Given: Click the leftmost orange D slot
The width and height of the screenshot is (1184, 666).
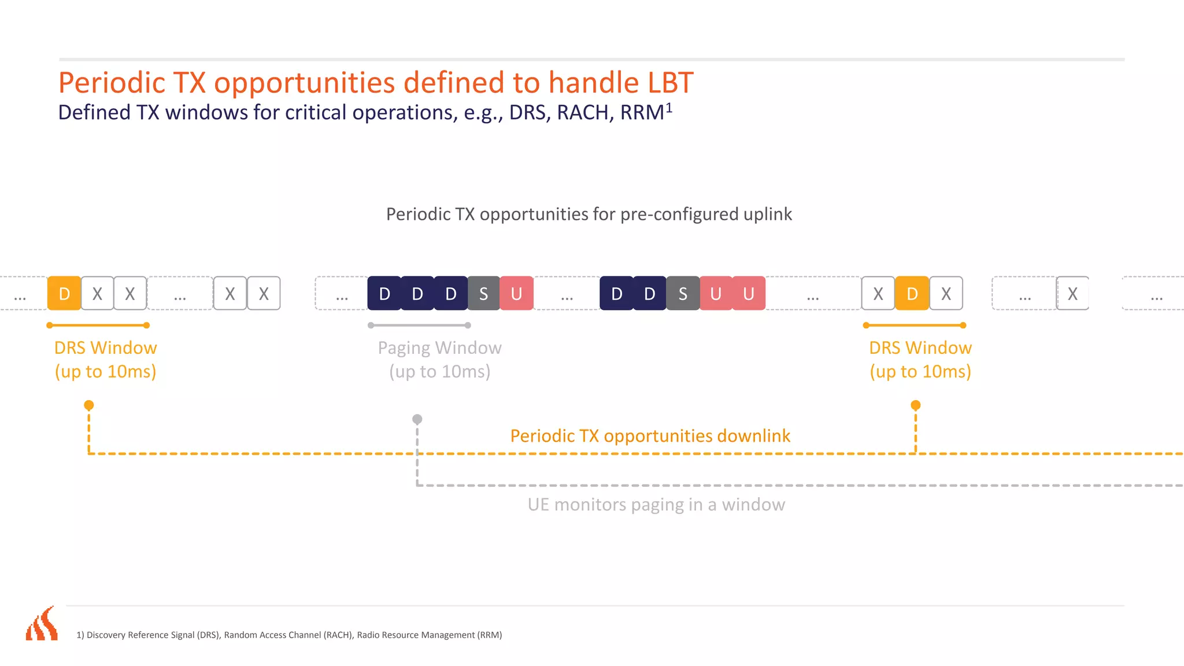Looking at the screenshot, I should (x=64, y=294).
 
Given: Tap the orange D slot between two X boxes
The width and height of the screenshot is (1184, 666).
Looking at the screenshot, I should (x=912, y=294).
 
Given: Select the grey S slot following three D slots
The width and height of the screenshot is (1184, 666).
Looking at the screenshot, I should (x=484, y=294).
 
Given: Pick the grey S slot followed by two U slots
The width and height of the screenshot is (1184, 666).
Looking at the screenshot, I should (x=683, y=294).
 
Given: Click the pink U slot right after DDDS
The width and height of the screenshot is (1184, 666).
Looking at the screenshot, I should (x=516, y=294).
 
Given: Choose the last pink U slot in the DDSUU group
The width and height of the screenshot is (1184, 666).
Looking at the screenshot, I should (x=749, y=294).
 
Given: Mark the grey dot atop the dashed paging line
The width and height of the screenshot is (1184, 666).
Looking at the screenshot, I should (x=417, y=419).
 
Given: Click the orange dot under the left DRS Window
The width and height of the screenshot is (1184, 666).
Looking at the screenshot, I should (x=88, y=405).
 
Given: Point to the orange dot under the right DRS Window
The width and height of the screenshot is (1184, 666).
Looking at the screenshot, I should (x=916, y=405).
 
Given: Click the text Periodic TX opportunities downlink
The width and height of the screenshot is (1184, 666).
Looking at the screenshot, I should (x=650, y=435).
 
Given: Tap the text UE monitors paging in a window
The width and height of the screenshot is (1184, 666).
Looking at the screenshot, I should (x=656, y=504).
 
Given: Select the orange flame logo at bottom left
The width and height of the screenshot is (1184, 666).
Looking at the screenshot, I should (x=42, y=624).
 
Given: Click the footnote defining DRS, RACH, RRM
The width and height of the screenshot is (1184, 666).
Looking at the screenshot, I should (x=289, y=635).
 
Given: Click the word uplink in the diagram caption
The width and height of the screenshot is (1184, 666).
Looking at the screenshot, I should (x=767, y=214).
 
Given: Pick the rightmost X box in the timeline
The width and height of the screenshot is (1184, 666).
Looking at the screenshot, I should (x=1072, y=294).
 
